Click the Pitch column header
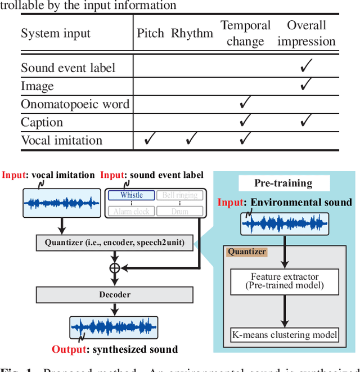point(150,33)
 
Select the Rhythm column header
point(192,33)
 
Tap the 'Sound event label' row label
point(68,68)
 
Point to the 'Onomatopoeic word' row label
point(75,104)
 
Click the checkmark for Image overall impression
point(306,86)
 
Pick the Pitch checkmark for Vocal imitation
point(150,140)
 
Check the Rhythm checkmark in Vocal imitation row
point(192,140)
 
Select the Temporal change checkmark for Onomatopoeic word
point(245,104)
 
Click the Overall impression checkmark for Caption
point(306,122)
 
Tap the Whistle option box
point(131,195)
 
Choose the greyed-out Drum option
point(179,212)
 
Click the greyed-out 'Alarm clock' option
point(131,212)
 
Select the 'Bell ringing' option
point(179,195)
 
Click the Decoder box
point(115,294)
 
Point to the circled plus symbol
point(115,268)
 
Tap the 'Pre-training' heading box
point(283,183)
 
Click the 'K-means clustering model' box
point(285,335)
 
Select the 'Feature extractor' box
point(285,280)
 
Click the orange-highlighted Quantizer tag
point(247,252)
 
